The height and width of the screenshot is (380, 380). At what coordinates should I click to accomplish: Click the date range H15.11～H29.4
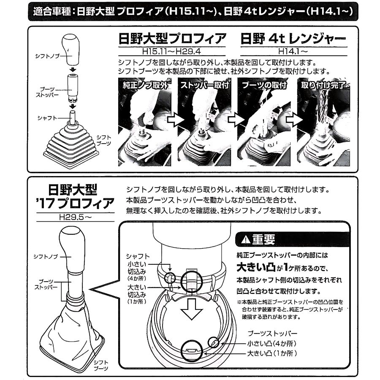[171, 52]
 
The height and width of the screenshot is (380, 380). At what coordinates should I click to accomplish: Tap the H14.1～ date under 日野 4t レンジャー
[293, 52]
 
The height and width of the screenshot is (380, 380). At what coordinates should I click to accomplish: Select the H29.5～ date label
[76, 217]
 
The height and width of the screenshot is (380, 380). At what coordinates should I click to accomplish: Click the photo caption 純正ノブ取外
[145, 85]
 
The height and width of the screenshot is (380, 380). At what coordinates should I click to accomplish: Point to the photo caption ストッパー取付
[204, 85]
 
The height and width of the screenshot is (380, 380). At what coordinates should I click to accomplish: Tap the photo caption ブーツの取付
[264, 85]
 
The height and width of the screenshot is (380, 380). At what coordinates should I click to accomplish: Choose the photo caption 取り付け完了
[323, 85]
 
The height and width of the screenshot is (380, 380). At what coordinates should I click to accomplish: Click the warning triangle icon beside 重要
[245, 240]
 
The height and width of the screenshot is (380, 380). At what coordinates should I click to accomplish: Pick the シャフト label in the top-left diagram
[47, 118]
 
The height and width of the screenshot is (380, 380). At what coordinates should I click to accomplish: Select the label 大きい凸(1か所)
[272, 353]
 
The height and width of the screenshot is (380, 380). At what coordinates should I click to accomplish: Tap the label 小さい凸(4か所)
[272, 343]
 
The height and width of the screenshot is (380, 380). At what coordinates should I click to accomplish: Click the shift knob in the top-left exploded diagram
[71, 50]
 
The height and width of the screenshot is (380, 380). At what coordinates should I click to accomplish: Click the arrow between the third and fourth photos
[294, 120]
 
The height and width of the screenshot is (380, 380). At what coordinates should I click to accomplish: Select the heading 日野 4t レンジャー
[293, 39]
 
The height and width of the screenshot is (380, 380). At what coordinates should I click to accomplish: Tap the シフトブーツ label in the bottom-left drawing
[101, 366]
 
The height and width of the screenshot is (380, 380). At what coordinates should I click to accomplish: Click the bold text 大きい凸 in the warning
[256, 268]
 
